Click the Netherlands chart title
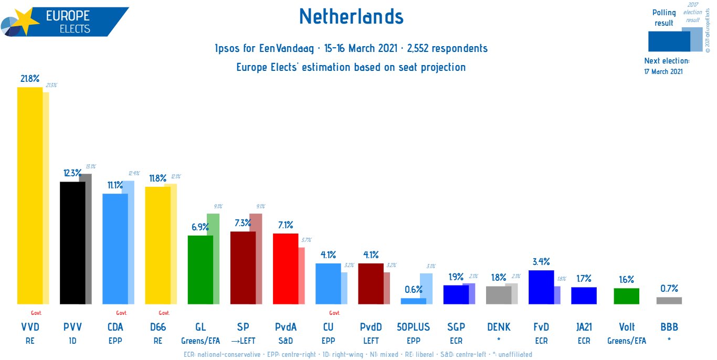click(351, 17)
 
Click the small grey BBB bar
click(669, 301)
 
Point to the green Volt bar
click(626, 296)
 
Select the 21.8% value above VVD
click(30, 78)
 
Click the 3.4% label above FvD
click(541, 261)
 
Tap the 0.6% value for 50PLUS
click(413, 289)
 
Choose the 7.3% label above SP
click(243, 223)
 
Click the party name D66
click(157, 327)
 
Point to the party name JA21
click(584, 327)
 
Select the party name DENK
click(499, 327)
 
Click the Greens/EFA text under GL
click(200, 341)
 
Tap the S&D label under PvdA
click(286, 341)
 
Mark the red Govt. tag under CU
click(334, 313)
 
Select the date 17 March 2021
click(663, 71)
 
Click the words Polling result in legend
click(663, 18)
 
